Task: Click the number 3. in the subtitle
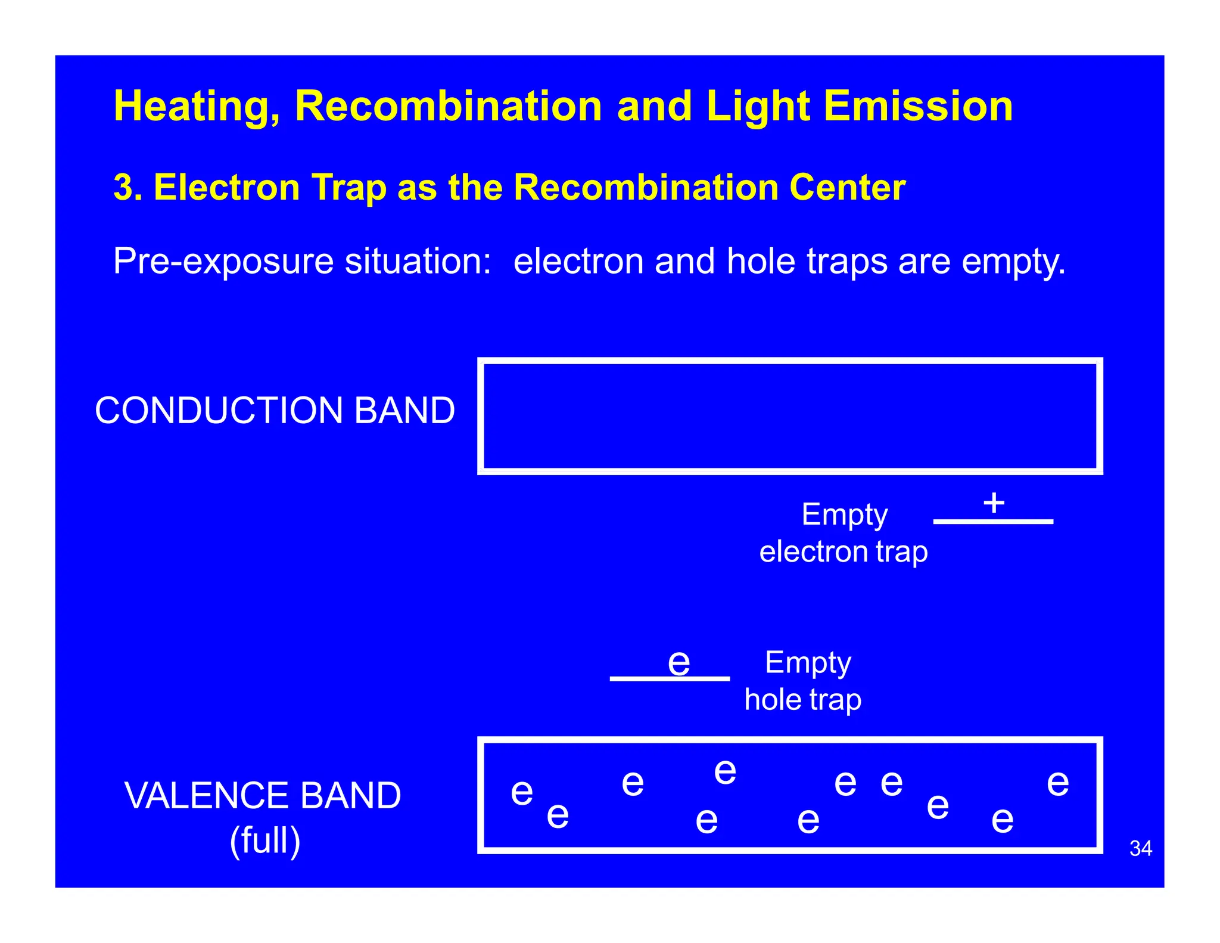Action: (127, 188)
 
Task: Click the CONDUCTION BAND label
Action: (275, 411)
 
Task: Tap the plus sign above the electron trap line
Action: (994, 502)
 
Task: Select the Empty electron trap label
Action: (844, 533)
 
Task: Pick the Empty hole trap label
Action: (803, 681)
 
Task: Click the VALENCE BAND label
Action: (263, 796)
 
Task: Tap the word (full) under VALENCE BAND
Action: (265, 840)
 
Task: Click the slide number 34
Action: (1140, 848)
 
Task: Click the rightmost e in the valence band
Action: (1058, 783)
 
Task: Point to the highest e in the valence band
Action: (725, 773)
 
